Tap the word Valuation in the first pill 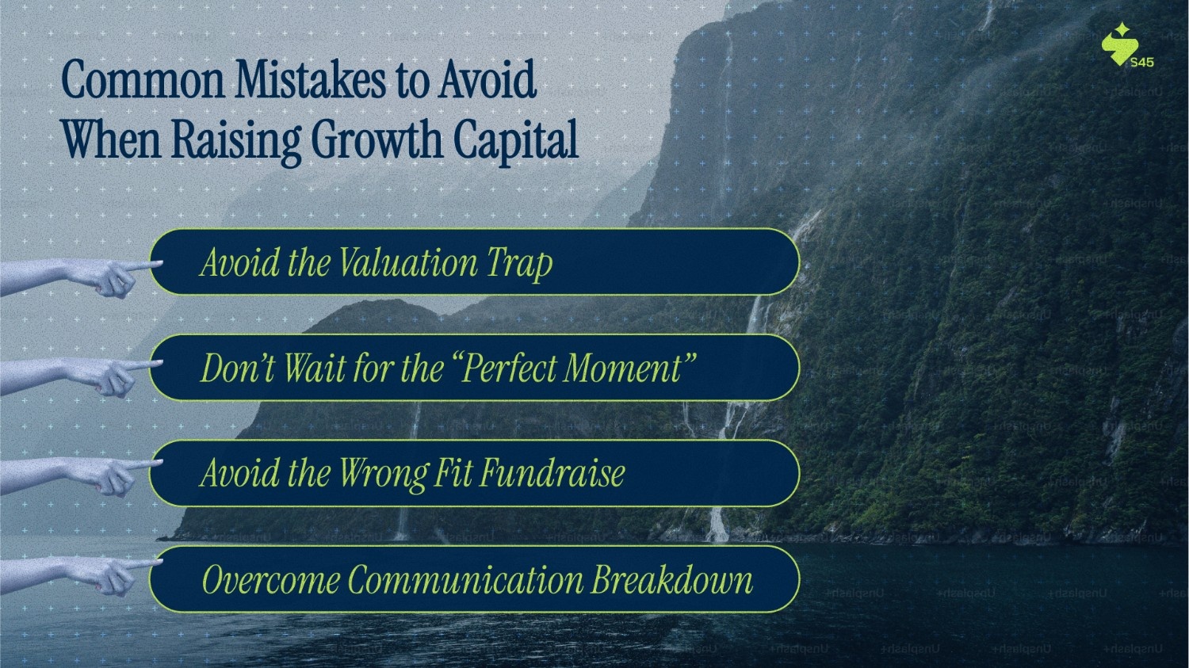pos(407,262)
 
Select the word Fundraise pos(552,472)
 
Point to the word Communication pos(465,579)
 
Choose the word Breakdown pos(672,579)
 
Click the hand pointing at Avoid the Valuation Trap pos(79,276)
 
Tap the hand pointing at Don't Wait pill pos(79,376)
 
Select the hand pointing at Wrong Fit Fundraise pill pos(79,475)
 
